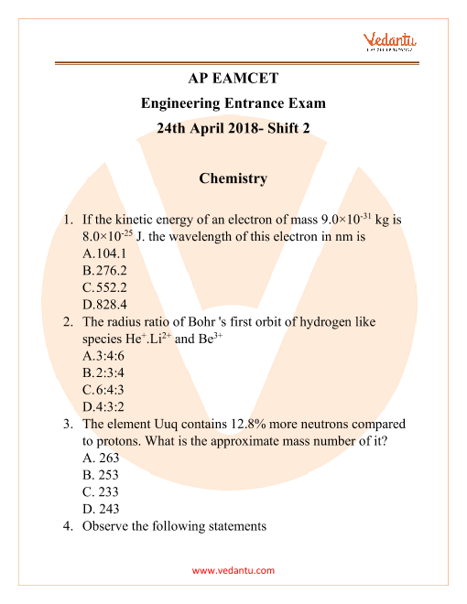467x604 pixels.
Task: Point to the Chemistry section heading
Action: (x=233, y=178)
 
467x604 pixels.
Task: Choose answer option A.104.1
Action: (x=103, y=253)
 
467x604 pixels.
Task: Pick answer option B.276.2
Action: (x=103, y=271)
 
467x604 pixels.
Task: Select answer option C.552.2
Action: (x=103, y=287)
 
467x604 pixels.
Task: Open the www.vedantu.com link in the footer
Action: (x=233, y=570)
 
